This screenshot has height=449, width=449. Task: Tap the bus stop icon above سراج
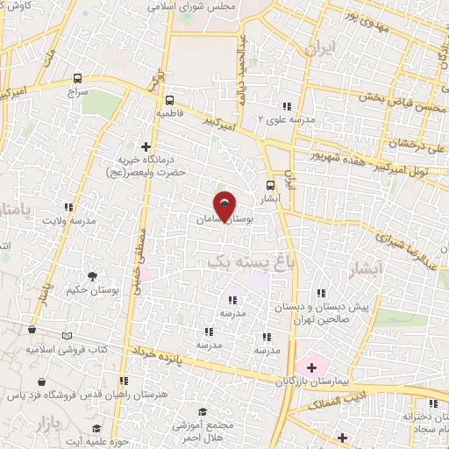pyautogui.click(x=79, y=77)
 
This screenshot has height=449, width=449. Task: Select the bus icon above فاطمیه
pyautogui.click(x=168, y=100)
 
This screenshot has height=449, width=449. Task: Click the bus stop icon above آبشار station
pyautogui.click(x=270, y=185)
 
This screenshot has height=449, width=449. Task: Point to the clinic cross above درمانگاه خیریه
pyautogui.click(x=146, y=146)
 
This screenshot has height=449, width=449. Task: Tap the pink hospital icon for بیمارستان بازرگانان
pyautogui.click(x=310, y=365)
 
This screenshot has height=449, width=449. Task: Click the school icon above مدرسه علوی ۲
pyautogui.click(x=285, y=106)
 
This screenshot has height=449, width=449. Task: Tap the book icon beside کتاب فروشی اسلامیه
pyautogui.click(x=68, y=335)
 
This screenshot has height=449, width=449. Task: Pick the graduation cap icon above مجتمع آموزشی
pyautogui.click(x=203, y=411)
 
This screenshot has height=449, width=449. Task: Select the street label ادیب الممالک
pyautogui.click(x=331, y=403)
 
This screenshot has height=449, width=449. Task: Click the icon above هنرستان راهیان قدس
pyautogui.click(x=124, y=381)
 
